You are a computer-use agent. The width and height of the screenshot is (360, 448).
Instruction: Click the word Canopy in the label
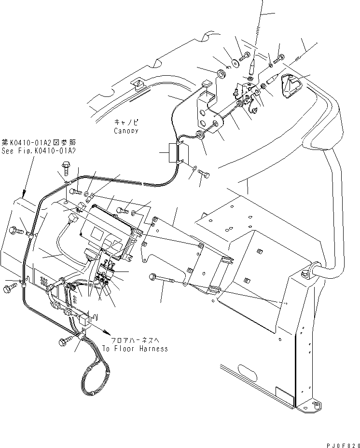point(126,131)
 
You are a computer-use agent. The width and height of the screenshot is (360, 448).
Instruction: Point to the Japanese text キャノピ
point(126,122)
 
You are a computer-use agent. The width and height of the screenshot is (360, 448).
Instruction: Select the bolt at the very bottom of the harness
point(65,342)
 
